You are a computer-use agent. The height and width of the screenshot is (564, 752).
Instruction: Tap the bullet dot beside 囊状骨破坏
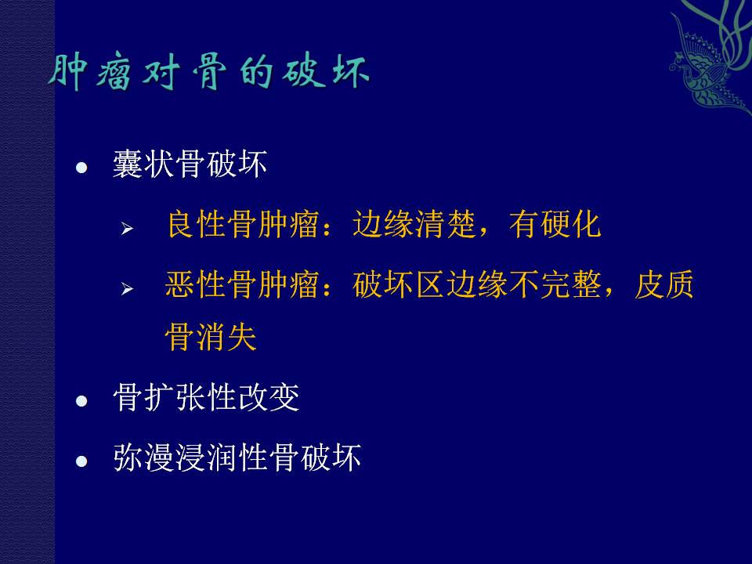coord(81,168)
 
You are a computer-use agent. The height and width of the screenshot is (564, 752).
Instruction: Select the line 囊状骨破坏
coord(190,164)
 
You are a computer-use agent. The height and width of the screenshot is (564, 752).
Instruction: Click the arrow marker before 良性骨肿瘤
coord(127,228)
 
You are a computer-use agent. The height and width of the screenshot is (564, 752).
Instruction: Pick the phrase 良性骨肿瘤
coord(243,224)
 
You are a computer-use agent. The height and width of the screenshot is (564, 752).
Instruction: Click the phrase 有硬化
coord(555,224)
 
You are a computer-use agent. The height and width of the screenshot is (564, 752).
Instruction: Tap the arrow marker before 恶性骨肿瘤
coord(127,289)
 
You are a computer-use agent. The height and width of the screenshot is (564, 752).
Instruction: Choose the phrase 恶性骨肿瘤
coord(242,284)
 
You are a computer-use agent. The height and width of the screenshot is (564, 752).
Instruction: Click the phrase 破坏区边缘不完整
coord(476,284)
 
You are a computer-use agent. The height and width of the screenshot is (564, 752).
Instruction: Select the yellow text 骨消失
coord(211,337)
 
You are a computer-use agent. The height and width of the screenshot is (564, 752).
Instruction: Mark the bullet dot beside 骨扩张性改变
coord(81,401)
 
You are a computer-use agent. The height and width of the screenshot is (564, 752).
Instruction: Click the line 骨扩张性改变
coord(206,398)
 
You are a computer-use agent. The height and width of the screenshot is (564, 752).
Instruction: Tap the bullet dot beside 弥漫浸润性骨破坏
coord(81,461)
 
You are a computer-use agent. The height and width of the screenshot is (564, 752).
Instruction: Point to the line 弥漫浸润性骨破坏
coord(237,457)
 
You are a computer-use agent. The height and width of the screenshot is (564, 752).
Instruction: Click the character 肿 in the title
coord(67,73)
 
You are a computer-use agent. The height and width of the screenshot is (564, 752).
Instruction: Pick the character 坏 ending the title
coord(350,72)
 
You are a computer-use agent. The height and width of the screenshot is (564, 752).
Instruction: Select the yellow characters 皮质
coord(664,284)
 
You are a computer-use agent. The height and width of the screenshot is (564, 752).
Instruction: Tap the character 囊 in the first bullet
coord(128,164)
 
